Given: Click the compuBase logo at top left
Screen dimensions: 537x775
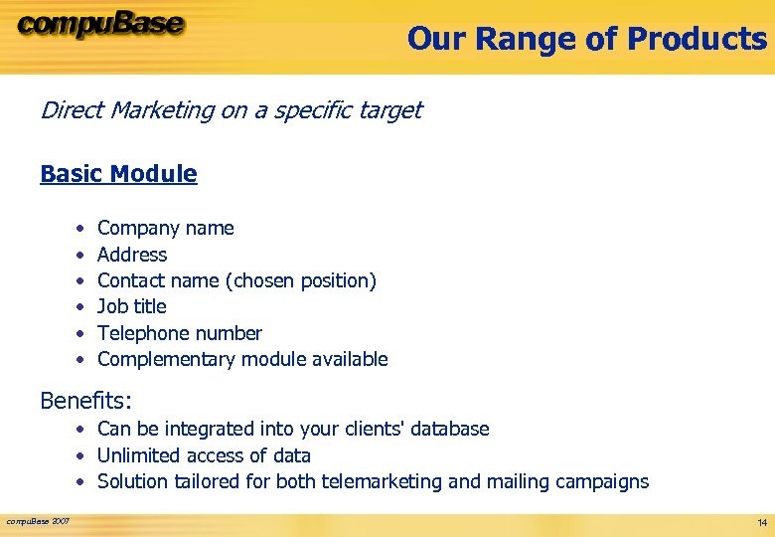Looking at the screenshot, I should tap(100, 25).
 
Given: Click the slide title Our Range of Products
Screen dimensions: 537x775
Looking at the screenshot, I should tap(586, 39).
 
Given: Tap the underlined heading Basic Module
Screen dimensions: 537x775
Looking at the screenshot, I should tap(118, 174).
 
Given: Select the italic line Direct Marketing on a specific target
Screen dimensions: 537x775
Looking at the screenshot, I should tap(231, 110).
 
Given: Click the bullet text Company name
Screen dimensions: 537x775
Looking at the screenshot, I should tap(165, 228).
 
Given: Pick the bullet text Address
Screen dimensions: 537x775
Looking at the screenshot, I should tap(132, 255).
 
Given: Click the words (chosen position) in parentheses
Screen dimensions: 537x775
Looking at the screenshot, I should tap(302, 280).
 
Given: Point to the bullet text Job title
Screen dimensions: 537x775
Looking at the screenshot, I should tap(131, 306).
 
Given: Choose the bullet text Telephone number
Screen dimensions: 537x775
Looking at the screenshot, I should tap(179, 333).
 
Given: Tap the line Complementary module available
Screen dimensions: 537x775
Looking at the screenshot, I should tap(242, 359).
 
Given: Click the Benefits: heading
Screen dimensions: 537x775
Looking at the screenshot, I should tap(85, 401).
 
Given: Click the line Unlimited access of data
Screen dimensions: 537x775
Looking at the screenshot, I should tap(204, 455).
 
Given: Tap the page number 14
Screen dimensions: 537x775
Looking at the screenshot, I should tap(761, 522).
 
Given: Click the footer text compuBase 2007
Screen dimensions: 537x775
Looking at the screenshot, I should tap(38, 521).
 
